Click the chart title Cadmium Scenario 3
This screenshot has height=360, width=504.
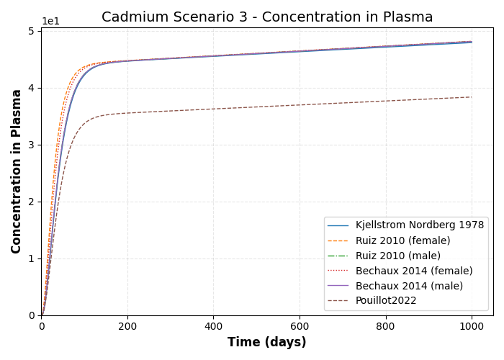[x=267, y=17]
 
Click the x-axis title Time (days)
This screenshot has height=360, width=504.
[x=267, y=343]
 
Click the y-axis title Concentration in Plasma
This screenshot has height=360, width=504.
[x=17, y=171]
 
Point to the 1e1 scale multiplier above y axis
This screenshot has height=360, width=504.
[x=50, y=22]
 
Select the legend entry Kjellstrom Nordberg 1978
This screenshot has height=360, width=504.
[x=419, y=225]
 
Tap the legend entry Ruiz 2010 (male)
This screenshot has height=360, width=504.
[x=397, y=256]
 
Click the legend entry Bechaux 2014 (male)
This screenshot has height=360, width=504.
[x=408, y=286]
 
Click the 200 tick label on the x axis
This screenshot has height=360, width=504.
[x=127, y=326]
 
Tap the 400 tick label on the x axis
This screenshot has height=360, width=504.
[x=213, y=326]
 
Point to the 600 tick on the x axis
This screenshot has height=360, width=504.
[x=300, y=326]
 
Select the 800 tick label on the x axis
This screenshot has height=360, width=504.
[x=385, y=326]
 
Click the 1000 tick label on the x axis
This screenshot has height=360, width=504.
[x=472, y=326]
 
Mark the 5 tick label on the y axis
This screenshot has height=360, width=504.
[x=31, y=31]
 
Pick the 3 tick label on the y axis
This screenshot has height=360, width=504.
[x=31, y=145]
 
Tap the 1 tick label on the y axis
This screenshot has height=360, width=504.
[x=31, y=258]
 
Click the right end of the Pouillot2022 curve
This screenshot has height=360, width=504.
[x=472, y=97]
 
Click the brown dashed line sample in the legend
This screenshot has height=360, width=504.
[x=338, y=301]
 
